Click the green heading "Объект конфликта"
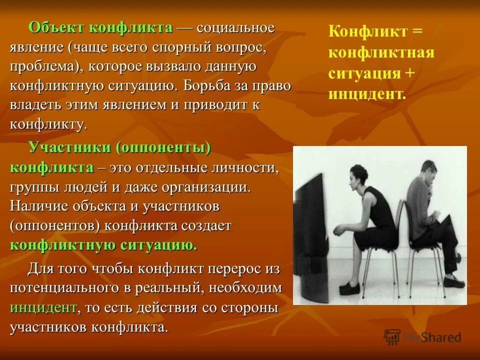[100, 28]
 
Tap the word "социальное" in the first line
[235, 28]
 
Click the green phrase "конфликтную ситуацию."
[103, 245]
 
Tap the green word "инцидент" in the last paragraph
[43, 307]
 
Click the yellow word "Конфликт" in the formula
[367, 32]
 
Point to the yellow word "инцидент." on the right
[366, 93]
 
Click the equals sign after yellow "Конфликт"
[417, 32]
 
